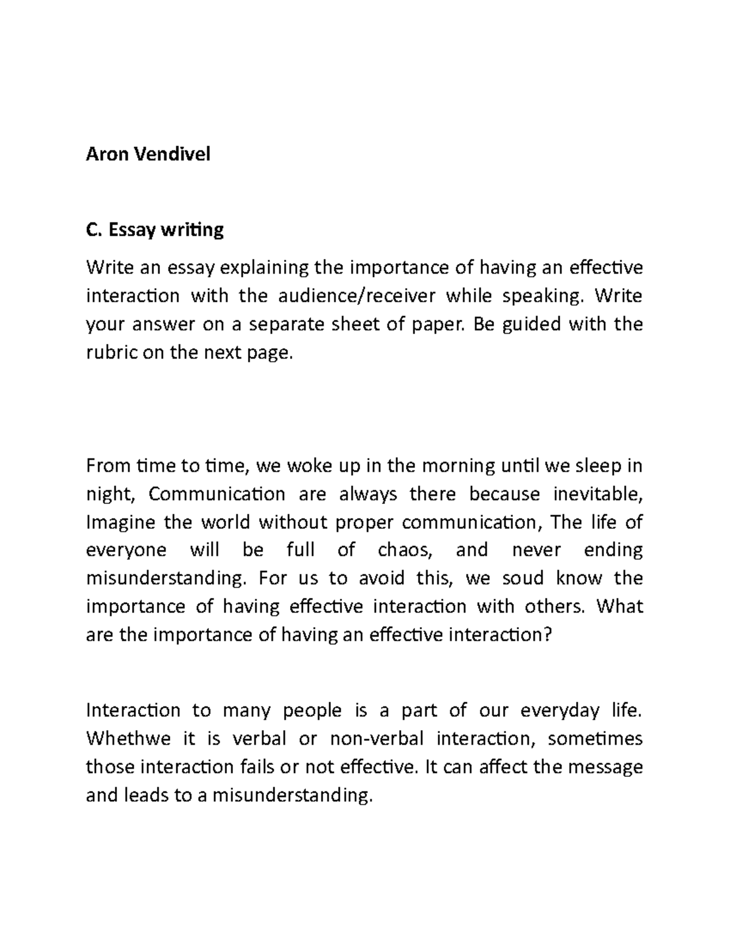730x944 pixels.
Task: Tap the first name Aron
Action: [107, 154]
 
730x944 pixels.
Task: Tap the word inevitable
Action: [597, 494]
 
